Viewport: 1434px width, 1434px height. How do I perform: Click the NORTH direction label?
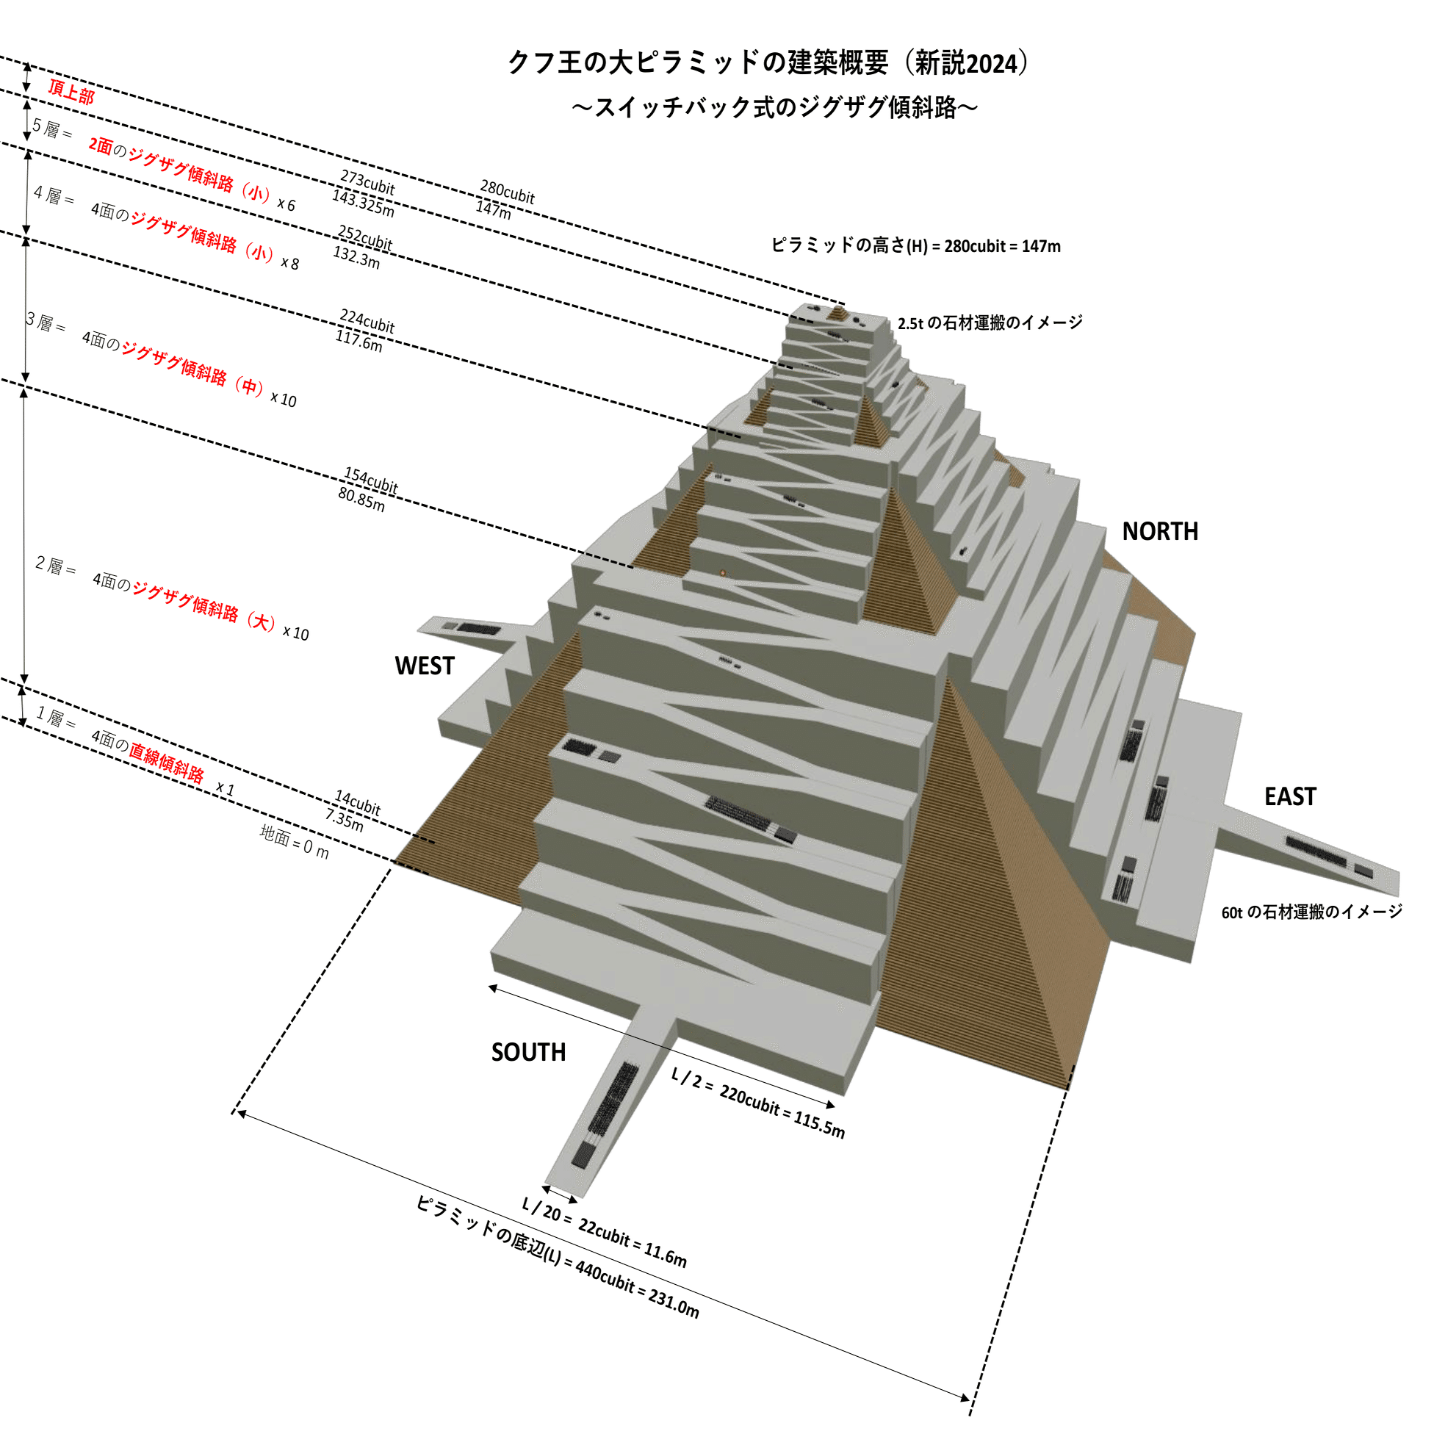click(1159, 531)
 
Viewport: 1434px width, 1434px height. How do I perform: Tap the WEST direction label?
click(424, 666)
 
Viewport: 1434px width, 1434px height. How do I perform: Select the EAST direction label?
click(1290, 796)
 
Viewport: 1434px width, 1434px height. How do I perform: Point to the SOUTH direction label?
click(527, 1052)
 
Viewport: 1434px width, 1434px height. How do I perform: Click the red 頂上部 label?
click(71, 92)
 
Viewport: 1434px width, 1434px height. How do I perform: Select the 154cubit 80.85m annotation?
click(367, 489)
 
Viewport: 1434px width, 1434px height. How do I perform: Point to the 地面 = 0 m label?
click(294, 842)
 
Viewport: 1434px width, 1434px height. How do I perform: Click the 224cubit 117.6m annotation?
click(364, 330)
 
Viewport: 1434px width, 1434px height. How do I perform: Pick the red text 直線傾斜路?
click(166, 763)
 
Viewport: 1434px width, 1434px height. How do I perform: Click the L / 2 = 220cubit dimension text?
click(758, 1102)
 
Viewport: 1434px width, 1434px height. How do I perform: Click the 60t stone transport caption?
click(1311, 912)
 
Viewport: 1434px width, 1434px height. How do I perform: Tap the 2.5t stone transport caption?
click(990, 323)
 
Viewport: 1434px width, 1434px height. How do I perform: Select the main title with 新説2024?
click(768, 62)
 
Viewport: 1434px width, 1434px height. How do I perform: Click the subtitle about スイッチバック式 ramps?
click(774, 108)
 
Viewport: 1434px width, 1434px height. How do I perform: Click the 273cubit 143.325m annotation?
click(364, 193)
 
